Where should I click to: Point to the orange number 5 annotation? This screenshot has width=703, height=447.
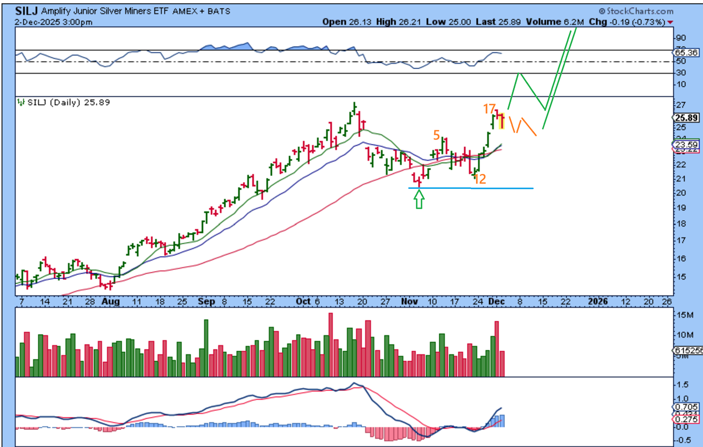[437, 135]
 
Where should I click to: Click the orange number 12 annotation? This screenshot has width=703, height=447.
[480, 179]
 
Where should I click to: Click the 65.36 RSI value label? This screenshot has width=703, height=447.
[688, 53]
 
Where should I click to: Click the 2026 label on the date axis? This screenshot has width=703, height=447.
[599, 301]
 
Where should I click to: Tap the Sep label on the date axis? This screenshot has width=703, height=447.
[204, 301]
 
